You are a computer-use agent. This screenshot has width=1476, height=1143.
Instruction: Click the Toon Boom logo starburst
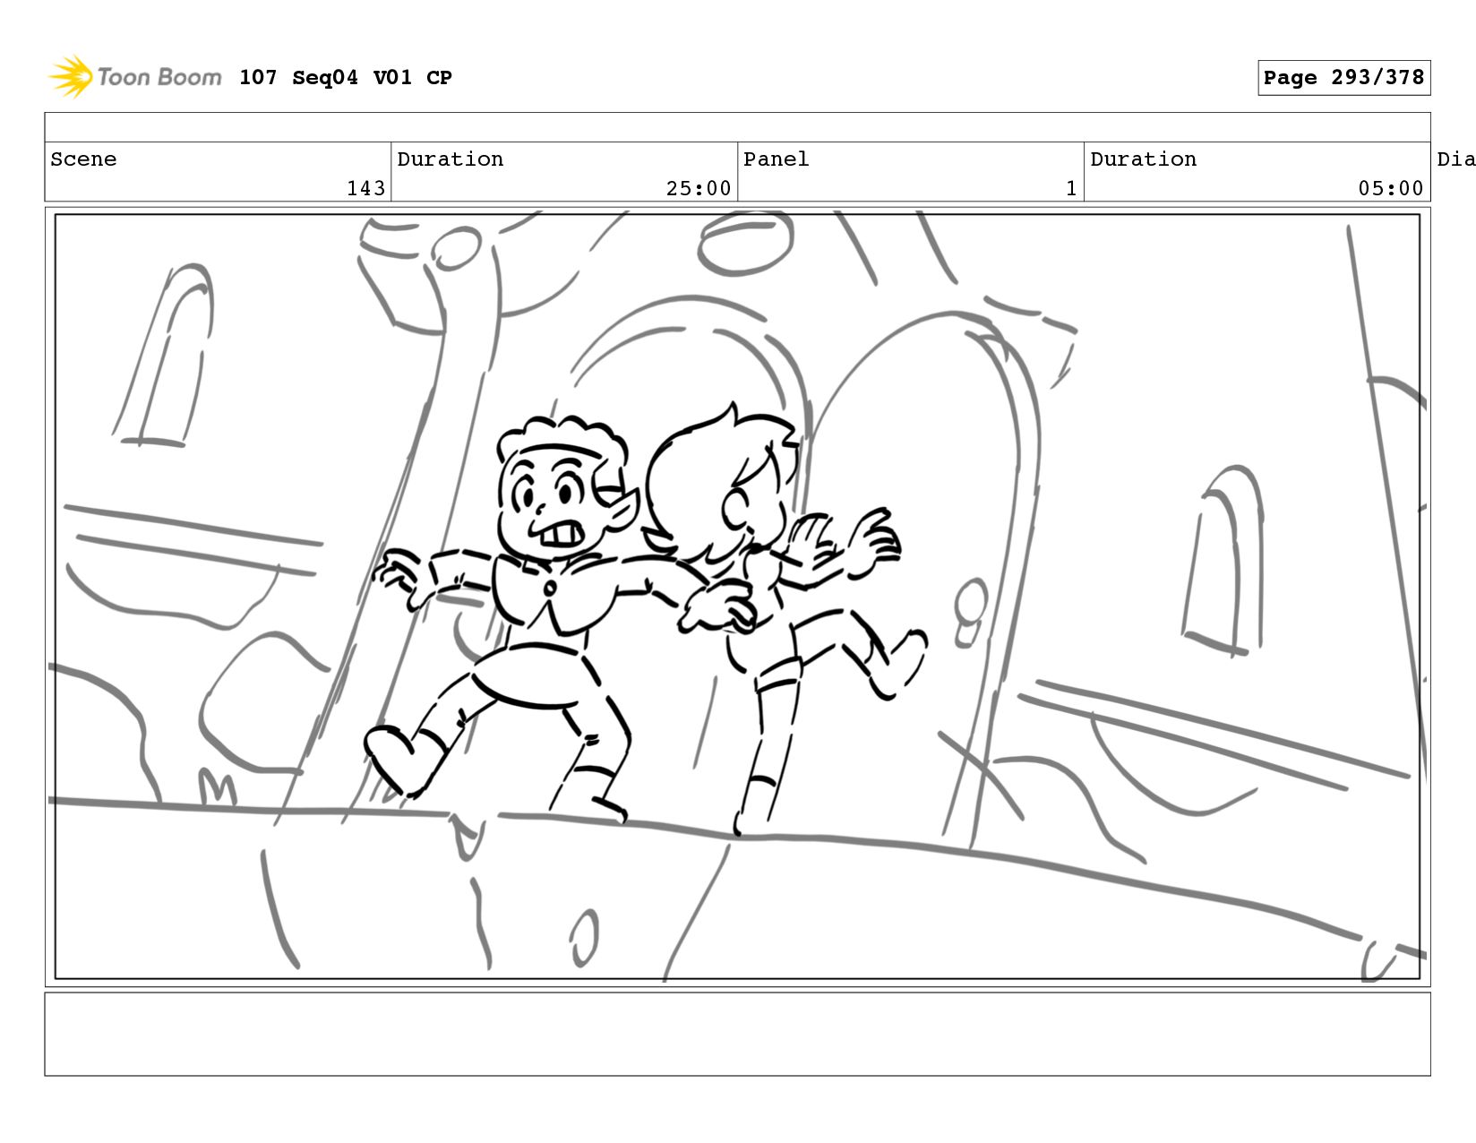(x=71, y=77)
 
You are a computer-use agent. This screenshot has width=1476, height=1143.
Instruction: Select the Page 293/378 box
(x=1343, y=77)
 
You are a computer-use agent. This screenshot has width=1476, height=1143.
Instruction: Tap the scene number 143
(x=366, y=188)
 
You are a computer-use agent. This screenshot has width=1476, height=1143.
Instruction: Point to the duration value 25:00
(x=699, y=188)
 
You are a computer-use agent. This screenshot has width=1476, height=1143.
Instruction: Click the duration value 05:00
(x=1390, y=188)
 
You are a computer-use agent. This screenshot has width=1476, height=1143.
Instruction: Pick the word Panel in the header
(x=776, y=159)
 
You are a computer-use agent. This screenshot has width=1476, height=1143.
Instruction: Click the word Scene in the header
(x=83, y=159)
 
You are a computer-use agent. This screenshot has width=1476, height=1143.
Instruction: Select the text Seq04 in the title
(x=325, y=77)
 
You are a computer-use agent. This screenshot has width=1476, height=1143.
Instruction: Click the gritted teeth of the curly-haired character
(x=561, y=536)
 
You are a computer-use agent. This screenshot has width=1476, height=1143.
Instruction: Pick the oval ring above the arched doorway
(x=744, y=243)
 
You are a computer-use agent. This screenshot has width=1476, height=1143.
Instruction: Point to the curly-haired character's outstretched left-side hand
(x=400, y=576)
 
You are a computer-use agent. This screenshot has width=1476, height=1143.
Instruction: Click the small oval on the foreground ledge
(x=584, y=937)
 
